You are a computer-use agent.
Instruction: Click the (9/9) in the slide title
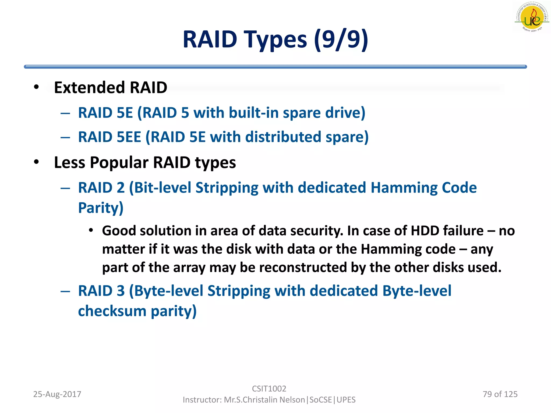pyautogui.click(x=341, y=40)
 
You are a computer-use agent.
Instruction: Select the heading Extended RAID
pyautogui.click(x=110, y=88)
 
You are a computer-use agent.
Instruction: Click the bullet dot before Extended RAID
pyautogui.click(x=37, y=87)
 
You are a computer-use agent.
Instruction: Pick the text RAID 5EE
pyautogui.click(x=110, y=137)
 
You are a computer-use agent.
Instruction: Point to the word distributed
pyautogui.click(x=283, y=137)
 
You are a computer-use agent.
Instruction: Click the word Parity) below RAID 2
pyautogui.click(x=101, y=208)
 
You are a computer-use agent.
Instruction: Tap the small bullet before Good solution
pyautogui.click(x=91, y=230)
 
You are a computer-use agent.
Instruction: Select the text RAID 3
pyautogui.click(x=101, y=291)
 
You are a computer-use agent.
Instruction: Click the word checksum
pyautogui.click(x=112, y=311)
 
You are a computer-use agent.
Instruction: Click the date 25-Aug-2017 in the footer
pyautogui.click(x=57, y=394)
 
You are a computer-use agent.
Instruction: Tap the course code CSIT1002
pyautogui.click(x=269, y=389)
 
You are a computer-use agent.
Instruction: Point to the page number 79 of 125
pyautogui.click(x=500, y=394)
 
